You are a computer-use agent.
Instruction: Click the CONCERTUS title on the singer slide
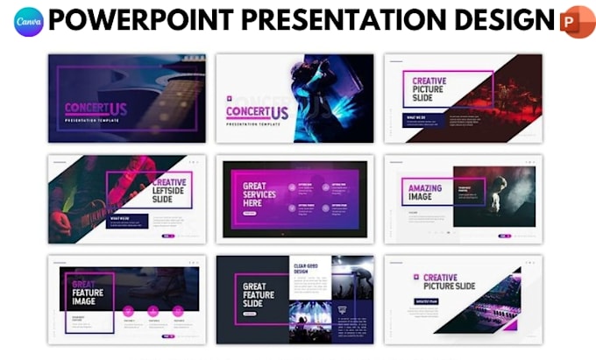click(x=257, y=112)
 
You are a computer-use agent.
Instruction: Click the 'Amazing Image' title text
click(x=424, y=193)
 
